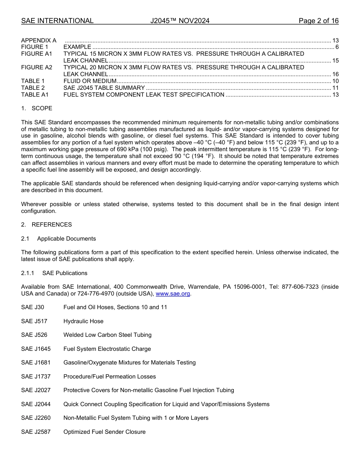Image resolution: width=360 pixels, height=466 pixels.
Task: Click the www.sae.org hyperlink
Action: (173, 294)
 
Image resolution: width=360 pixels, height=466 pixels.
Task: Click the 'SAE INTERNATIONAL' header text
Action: (57, 21)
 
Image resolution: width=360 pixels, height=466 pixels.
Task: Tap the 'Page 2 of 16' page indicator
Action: (318, 21)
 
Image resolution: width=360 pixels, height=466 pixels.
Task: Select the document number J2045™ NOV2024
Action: (180, 21)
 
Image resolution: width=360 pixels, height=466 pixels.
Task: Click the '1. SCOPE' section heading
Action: (37, 108)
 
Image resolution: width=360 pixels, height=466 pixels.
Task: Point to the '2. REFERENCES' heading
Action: (46, 225)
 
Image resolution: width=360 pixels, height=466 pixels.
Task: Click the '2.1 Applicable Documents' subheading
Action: (58, 239)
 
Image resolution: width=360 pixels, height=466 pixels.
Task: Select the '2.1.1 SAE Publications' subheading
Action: (54, 273)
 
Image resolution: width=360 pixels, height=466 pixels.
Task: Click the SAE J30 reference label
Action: (33, 307)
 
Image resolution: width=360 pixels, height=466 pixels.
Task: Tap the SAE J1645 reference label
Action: (36, 349)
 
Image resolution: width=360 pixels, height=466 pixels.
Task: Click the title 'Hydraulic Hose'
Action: (83, 321)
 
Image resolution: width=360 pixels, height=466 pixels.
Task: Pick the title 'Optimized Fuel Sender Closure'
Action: (104, 432)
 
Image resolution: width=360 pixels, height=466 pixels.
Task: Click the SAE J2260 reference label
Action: (36, 418)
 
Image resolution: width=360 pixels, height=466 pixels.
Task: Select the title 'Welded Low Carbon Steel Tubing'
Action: (107, 335)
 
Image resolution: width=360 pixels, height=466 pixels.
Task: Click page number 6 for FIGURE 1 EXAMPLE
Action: (337, 47)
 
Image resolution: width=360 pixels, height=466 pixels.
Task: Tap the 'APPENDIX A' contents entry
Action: (39, 40)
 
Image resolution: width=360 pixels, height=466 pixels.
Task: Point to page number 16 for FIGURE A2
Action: (335, 74)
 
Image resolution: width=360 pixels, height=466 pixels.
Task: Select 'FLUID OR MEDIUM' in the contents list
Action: (90, 81)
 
